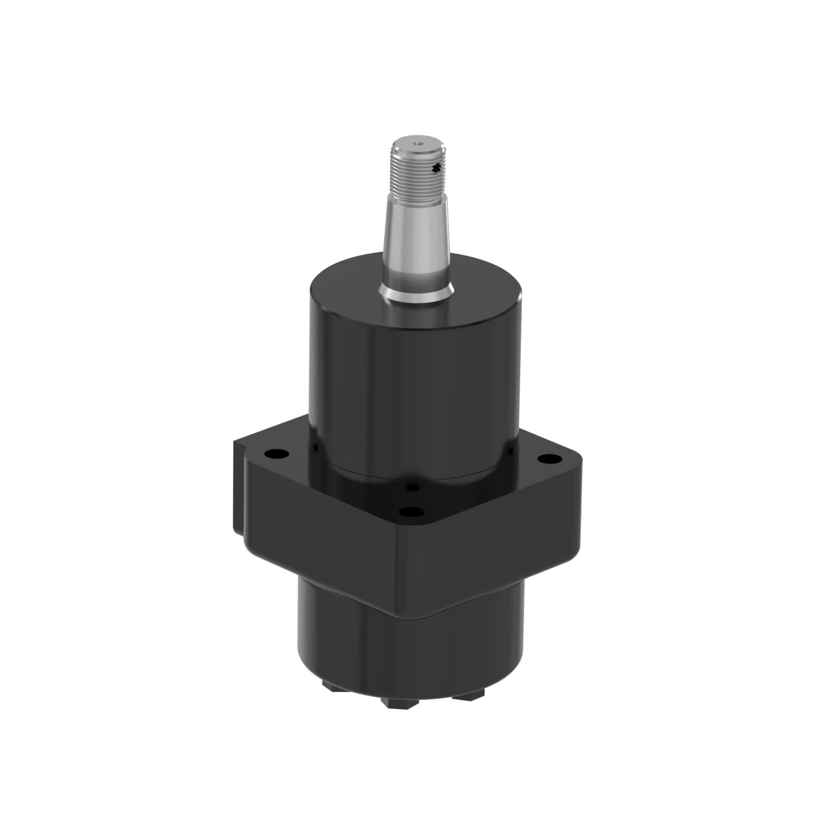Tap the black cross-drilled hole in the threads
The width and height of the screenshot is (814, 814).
tap(436, 168)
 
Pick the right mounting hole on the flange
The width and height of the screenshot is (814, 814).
tap(546, 458)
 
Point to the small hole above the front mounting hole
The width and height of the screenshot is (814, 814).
tap(414, 488)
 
